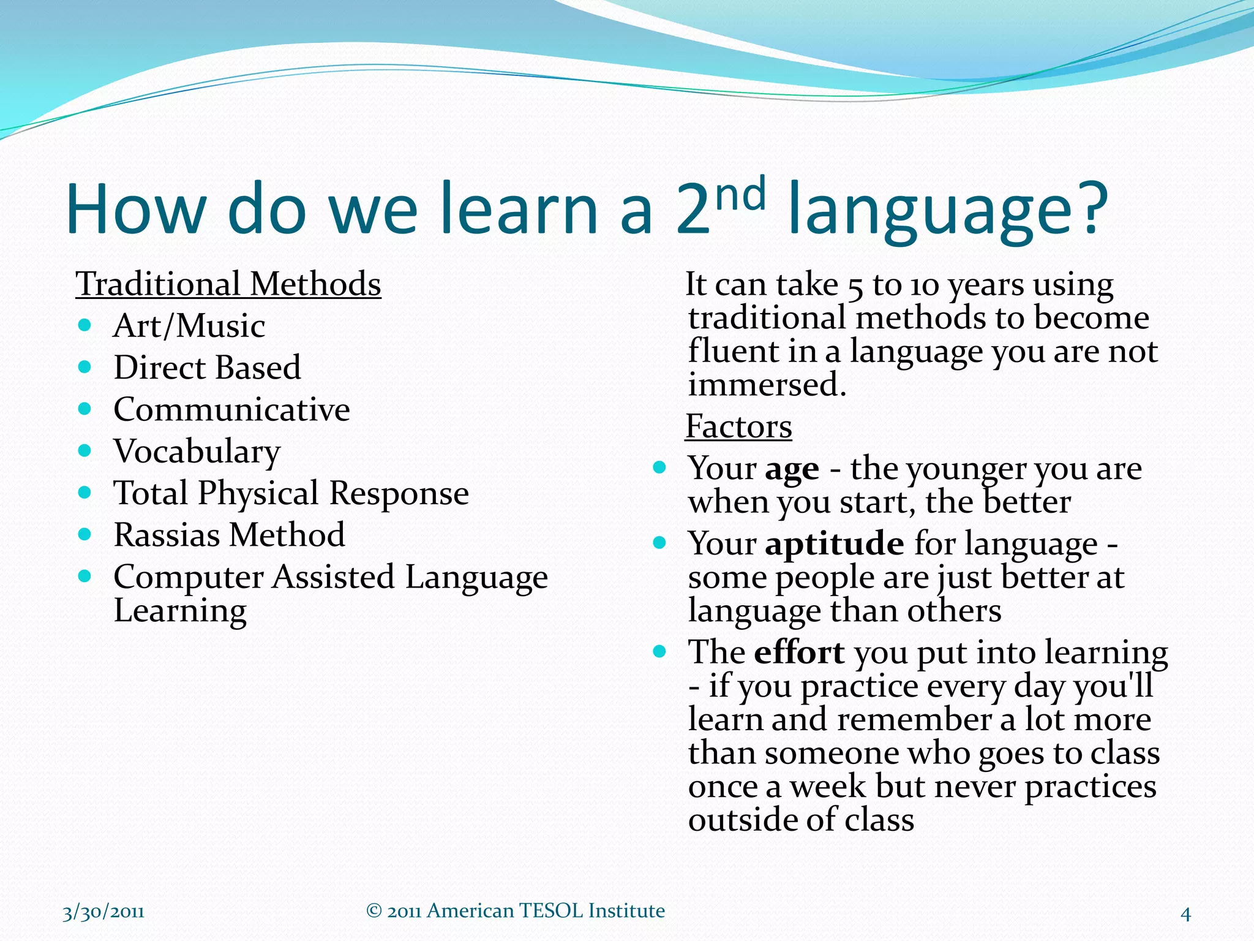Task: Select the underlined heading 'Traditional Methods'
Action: [x=228, y=284]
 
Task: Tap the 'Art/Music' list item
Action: [x=189, y=326]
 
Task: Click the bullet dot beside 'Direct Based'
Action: [x=85, y=367]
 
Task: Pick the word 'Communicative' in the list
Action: [x=231, y=409]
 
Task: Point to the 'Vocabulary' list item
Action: [x=197, y=452]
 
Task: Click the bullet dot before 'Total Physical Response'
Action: [x=85, y=492]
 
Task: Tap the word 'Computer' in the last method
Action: [x=189, y=577]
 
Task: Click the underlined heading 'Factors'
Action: [x=738, y=426]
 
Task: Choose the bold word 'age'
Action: [x=792, y=470]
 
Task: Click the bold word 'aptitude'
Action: [x=834, y=544]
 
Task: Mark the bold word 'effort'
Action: [x=799, y=652]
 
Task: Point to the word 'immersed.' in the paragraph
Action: [x=767, y=385]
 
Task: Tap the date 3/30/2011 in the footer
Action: [x=103, y=912]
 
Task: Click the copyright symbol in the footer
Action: [x=374, y=911]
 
